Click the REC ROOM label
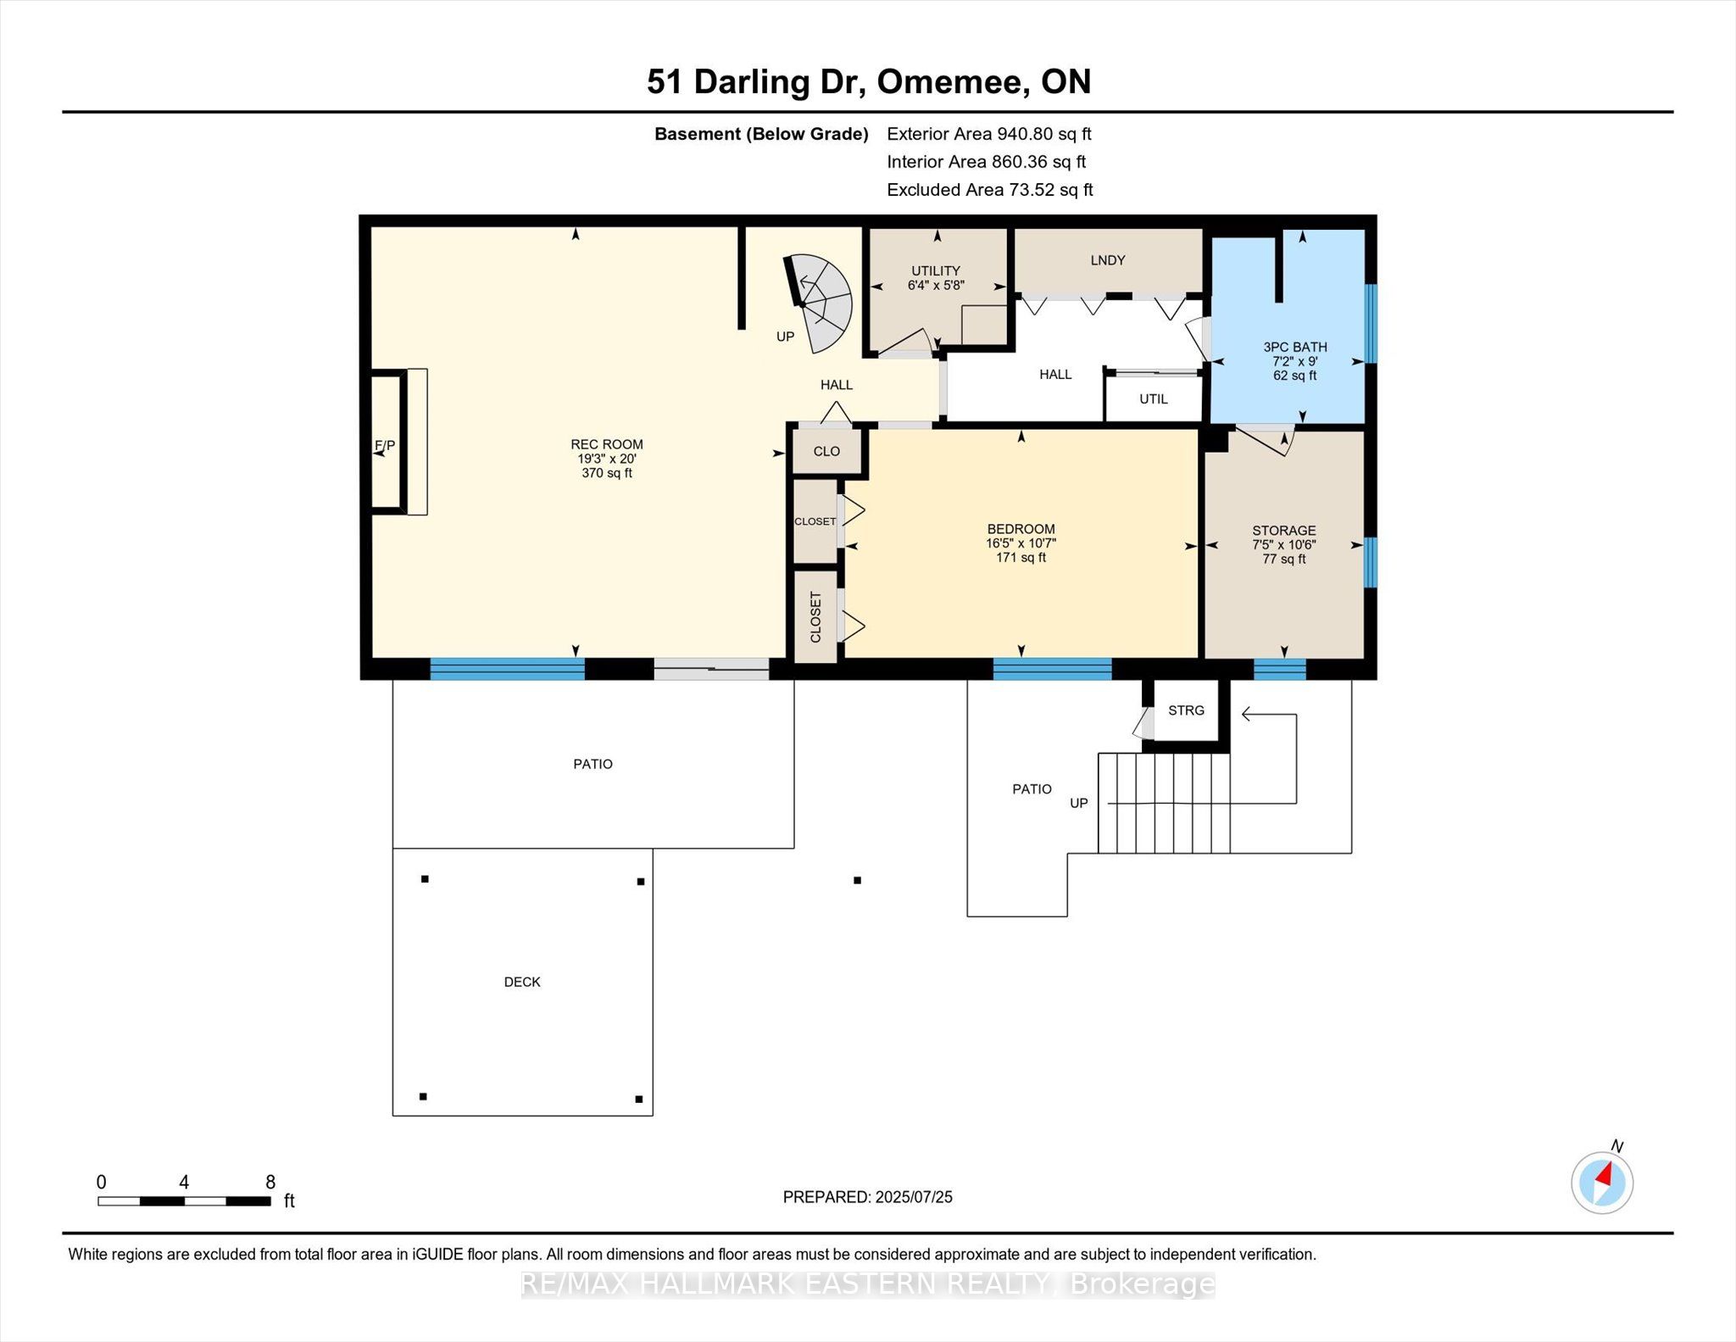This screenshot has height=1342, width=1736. coord(607,444)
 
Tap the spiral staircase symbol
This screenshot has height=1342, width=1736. coord(819,303)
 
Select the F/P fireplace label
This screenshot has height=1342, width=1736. coord(385,445)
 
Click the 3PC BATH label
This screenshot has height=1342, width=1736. coord(1295,347)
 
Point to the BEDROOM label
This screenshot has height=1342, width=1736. coord(1021,529)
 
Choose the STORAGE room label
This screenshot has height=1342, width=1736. coord(1284,531)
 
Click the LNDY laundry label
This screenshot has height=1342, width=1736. coord(1108,260)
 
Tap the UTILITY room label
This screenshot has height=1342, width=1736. coord(936,271)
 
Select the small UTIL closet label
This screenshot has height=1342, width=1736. coord(1154,398)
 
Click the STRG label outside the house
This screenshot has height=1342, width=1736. coord(1186,710)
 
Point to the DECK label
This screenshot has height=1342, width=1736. coord(522,982)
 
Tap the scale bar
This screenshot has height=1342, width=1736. coord(184,1200)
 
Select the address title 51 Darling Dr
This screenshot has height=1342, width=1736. coord(754,81)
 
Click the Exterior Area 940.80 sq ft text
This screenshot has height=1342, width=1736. coord(989,134)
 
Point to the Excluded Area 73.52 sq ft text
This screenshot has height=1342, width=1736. coord(990,190)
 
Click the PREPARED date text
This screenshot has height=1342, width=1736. coord(868,1197)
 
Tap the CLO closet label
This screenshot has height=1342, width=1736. coord(826,451)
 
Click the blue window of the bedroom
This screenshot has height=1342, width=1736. coord(1052,669)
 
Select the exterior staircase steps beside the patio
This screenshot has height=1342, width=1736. coord(1165,803)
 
